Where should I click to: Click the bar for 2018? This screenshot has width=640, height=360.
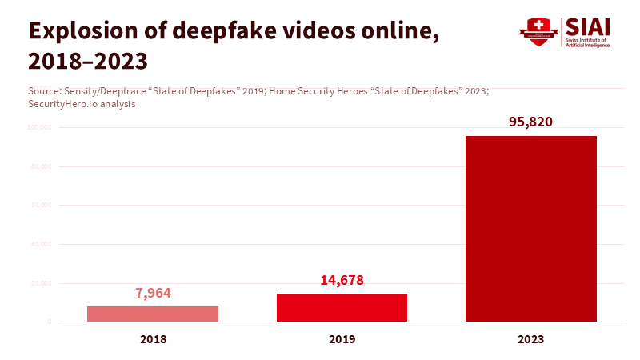pyautogui.click(x=153, y=314)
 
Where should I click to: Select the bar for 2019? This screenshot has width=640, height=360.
pyautogui.click(x=342, y=307)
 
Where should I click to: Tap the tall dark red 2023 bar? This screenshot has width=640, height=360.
pyautogui.click(x=530, y=229)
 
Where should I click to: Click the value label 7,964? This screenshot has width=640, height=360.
pyautogui.click(x=154, y=293)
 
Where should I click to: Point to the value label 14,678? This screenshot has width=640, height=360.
pyautogui.click(x=342, y=280)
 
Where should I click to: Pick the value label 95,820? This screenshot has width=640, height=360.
pyautogui.click(x=531, y=122)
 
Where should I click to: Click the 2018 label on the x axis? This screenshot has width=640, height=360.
pyautogui.click(x=153, y=339)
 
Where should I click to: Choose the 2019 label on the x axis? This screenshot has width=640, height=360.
pyautogui.click(x=342, y=339)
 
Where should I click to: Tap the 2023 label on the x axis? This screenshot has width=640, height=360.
pyautogui.click(x=530, y=339)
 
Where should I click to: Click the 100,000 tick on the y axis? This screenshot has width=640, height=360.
pyautogui.click(x=39, y=127)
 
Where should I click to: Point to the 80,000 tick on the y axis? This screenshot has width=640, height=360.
pyautogui.click(x=41, y=166)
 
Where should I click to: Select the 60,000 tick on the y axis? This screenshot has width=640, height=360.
pyautogui.click(x=41, y=206)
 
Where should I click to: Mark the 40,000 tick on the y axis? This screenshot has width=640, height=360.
pyautogui.click(x=41, y=244)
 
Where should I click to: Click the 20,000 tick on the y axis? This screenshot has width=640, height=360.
pyautogui.click(x=41, y=283)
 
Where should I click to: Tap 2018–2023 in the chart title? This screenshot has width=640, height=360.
pyautogui.click(x=88, y=61)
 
